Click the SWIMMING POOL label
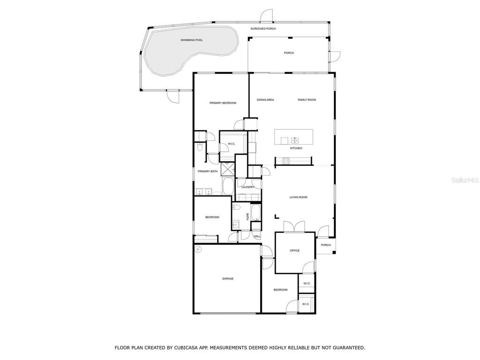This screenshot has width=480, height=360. [x=192, y=40]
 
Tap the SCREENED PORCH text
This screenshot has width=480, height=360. [x=263, y=29]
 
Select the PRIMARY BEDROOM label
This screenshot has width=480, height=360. [x=223, y=103]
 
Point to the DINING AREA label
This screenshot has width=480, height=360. [x=265, y=100]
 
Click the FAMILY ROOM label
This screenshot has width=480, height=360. [x=307, y=100]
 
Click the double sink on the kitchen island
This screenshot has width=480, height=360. [x=295, y=141]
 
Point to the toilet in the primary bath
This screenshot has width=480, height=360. [x=200, y=148]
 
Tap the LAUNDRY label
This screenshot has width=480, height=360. [x=248, y=187]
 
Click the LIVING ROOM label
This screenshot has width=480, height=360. [x=299, y=197]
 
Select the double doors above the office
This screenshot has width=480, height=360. [x=294, y=227]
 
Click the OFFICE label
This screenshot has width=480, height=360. [x=295, y=251]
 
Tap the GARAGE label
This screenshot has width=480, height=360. [x=228, y=279]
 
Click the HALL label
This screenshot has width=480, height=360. [x=257, y=237]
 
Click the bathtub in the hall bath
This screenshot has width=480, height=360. [x=255, y=212]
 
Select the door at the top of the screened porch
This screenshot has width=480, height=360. [x=266, y=16]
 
